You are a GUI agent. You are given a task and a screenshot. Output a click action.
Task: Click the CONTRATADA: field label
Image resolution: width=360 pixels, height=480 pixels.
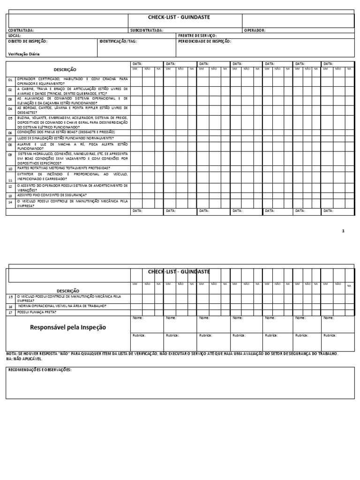21,30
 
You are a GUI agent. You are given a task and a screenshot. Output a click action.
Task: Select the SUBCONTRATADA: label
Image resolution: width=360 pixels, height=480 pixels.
147,30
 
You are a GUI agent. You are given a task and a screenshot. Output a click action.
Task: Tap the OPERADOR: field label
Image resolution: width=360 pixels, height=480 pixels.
255,30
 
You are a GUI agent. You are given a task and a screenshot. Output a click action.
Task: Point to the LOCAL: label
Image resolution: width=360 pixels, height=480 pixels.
15,36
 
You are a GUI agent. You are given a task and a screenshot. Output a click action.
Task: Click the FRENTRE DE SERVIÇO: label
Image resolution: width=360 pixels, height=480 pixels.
197,36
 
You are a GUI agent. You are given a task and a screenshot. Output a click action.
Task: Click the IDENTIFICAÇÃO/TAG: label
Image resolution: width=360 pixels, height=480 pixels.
117,41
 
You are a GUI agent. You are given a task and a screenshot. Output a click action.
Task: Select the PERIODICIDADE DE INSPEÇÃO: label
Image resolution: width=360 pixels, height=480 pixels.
205,41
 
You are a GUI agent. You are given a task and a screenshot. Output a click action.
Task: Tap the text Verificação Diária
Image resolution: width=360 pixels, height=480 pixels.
24,54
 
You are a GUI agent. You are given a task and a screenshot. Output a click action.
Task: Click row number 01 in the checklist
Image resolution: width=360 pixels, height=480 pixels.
10,81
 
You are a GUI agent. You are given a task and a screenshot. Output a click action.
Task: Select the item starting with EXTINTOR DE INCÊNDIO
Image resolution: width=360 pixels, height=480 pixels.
72,176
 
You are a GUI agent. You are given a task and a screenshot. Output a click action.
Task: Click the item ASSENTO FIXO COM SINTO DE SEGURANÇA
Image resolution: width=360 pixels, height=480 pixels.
52,195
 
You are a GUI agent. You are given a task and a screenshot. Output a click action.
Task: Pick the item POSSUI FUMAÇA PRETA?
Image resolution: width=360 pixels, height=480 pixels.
37,312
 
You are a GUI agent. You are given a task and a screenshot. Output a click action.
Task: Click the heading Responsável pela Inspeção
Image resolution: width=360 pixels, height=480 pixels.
68,327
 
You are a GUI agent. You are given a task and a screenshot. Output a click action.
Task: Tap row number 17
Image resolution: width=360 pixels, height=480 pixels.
11,312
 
